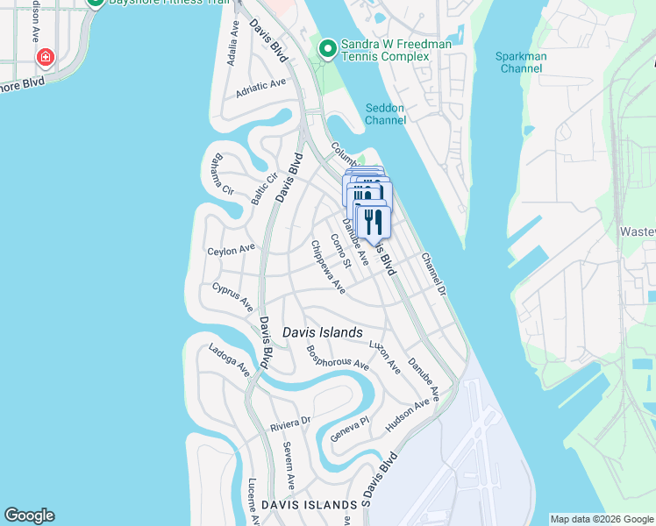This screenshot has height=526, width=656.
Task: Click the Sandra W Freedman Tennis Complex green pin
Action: tap(328, 49)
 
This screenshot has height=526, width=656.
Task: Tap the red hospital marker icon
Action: tap(45, 59)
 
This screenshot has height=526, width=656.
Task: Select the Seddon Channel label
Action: tap(385, 113)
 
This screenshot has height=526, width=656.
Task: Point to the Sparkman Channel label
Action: tap(521, 62)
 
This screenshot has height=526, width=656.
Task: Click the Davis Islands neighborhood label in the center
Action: tap(322, 333)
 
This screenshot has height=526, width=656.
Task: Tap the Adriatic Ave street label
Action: tap(260, 89)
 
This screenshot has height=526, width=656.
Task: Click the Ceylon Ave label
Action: tap(231, 250)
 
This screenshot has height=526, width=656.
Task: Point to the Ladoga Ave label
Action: tap(229, 361)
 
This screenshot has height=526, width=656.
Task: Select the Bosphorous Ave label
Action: tap(337, 356)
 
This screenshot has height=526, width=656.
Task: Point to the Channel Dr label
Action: tap(433, 274)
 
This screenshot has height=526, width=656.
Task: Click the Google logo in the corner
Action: tap(29, 515)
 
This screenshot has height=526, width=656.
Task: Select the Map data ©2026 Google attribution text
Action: tap(602, 519)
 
